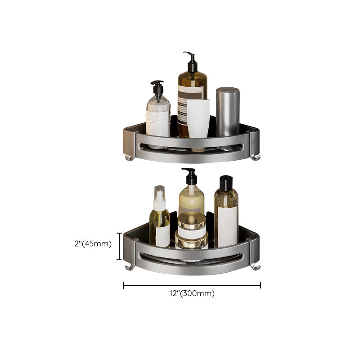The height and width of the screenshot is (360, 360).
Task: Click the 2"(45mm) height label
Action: point(93,244)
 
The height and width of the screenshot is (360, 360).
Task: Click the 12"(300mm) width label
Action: point(192,293)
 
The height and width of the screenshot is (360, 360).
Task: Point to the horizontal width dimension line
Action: point(192,285)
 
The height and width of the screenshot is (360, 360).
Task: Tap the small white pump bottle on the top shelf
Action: point(157,115)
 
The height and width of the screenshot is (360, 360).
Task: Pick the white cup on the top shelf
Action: point(198,118)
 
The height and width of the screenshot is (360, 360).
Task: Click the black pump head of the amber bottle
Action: point(191,61)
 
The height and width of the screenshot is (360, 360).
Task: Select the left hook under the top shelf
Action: point(129,156)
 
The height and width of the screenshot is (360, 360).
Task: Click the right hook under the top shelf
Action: point(255,156)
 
